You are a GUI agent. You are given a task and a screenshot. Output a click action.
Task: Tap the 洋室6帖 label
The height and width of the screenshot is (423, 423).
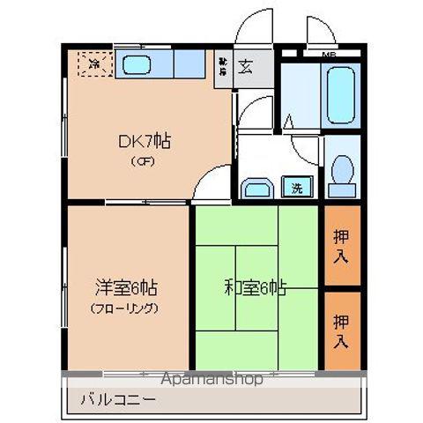[127, 288]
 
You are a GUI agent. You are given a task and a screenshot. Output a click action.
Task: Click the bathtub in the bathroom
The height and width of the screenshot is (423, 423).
[339, 93]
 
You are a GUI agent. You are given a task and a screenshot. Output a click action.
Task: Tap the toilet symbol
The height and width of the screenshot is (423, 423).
[340, 172]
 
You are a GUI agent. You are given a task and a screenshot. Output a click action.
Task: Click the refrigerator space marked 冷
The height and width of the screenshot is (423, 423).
[94, 63]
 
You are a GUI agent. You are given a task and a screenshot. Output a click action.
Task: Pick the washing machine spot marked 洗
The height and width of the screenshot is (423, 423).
[297, 186]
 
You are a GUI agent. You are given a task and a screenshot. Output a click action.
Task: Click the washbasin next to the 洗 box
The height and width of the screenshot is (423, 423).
[257, 188]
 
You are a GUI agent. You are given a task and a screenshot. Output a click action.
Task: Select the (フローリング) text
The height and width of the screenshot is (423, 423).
[125, 308]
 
